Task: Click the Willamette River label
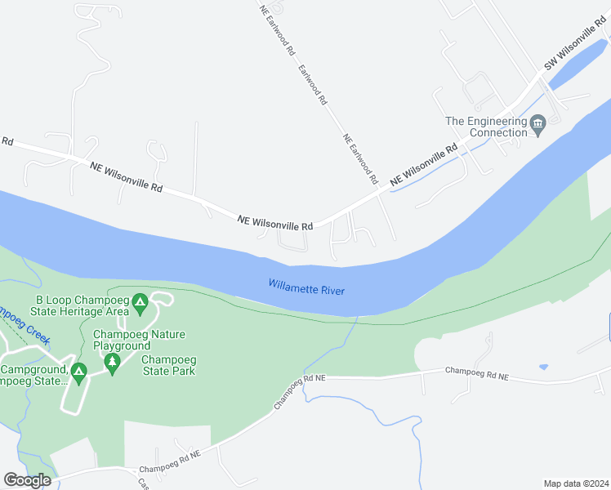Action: pos(306,287)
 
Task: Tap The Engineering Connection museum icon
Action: pos(537,126)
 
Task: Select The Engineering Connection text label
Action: pos(486,127)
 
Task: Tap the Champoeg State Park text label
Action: pos(168,365)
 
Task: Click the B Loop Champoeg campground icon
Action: pos(140,304)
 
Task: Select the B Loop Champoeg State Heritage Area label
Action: pos(79,305)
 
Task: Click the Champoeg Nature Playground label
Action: pos(139,340)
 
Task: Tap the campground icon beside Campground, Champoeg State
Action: pos(78,373)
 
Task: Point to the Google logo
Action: pos(28,480)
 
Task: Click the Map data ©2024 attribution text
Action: pos(575,483)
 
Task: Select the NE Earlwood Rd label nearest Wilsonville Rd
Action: pos(361,158)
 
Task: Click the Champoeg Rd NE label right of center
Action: pos(477,374)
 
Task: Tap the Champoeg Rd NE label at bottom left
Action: pos(169,461)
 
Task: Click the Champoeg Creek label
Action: pos(25,324)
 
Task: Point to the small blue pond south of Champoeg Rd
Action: pos(543,367)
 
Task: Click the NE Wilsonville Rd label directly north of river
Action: pos(275,222)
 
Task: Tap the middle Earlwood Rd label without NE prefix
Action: pos(314,85)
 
